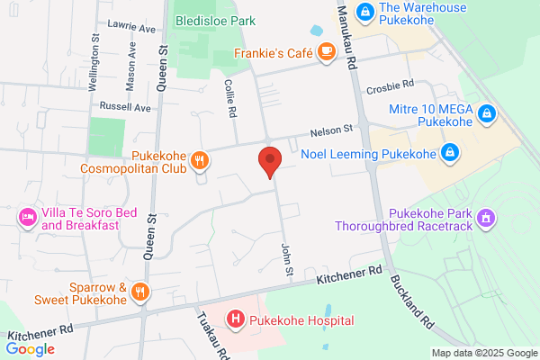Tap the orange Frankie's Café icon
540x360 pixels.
pos(325,53)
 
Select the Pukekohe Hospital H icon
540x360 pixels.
pos(236,319)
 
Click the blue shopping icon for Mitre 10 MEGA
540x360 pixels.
pos(486,113)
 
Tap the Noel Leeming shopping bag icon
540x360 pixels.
pos(448,153)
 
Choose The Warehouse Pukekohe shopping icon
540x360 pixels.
pos(365,13)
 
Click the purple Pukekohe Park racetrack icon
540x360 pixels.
pos(486,217)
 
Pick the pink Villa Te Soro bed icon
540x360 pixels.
pos(28,217)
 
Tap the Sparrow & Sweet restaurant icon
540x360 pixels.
pos(139,291)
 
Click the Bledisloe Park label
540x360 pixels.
pos(216,21)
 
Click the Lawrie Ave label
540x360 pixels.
pos(130,28)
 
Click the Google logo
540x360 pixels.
pos(31,349)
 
